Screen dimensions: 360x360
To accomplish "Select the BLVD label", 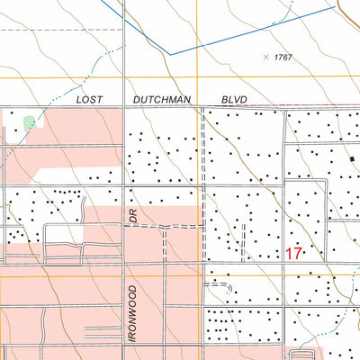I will [233, 101].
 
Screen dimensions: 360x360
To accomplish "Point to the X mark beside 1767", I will [265, 57].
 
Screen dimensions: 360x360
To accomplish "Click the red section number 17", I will [293, 253].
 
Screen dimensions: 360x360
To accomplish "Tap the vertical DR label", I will [132, 217].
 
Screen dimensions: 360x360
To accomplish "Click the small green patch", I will [30, 121].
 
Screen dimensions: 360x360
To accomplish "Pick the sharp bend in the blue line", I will [170, 53].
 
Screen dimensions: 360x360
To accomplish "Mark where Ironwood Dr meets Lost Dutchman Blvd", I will [123, 109].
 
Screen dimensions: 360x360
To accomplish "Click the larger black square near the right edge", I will [353, 159].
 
